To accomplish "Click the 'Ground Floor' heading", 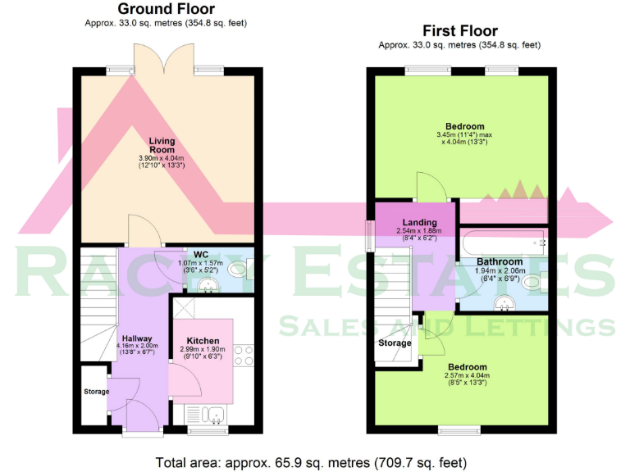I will [166, 9].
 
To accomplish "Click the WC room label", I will [201, 253].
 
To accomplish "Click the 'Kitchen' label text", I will [203, 340].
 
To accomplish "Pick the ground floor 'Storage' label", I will [96, 392].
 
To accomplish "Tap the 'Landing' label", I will [418, 222].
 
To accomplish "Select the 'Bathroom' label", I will [500, 261].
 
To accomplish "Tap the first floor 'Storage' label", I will [395, 343].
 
